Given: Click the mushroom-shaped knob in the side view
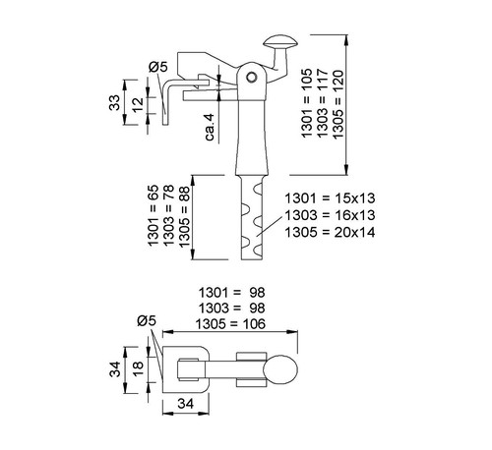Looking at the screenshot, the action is pos(280,42).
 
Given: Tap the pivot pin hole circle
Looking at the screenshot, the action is pos(252,77).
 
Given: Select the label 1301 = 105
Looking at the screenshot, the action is pos(307,103).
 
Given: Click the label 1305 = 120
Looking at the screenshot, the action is pos(338,104).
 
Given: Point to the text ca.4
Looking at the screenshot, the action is pos(210,127).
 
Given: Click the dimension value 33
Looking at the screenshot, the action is pos(115,102).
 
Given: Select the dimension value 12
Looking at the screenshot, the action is pos(138,104).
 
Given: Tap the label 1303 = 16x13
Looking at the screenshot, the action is pos(330,215).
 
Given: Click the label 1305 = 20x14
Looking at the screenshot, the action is pos(330,232).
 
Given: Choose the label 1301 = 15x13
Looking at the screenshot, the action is pos(330,198).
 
